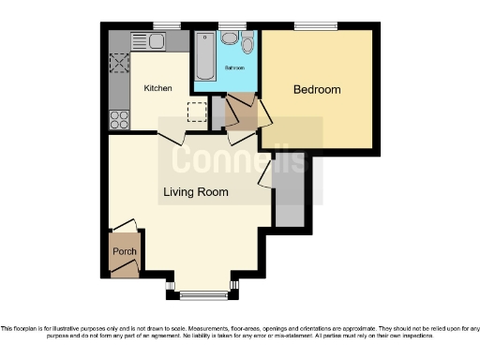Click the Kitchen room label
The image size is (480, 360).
(x=157, y=88)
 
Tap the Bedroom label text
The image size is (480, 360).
(x=317, y=90)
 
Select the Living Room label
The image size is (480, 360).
(x=196, y=193)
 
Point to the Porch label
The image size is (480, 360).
(x=124, y=252)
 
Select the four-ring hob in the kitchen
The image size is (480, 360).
(x=120, y=119)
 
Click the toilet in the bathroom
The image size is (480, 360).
(x=247, y=44)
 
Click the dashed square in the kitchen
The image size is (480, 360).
(x=196, y=112)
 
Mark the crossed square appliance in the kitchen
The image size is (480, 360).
(x=120, y=63)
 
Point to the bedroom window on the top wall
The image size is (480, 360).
(x=308, y=25)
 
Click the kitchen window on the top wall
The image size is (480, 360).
(x=168, y=25)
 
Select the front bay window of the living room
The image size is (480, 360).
(x=202, y=295)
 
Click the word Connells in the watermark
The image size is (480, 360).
(x=239, y=159)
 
